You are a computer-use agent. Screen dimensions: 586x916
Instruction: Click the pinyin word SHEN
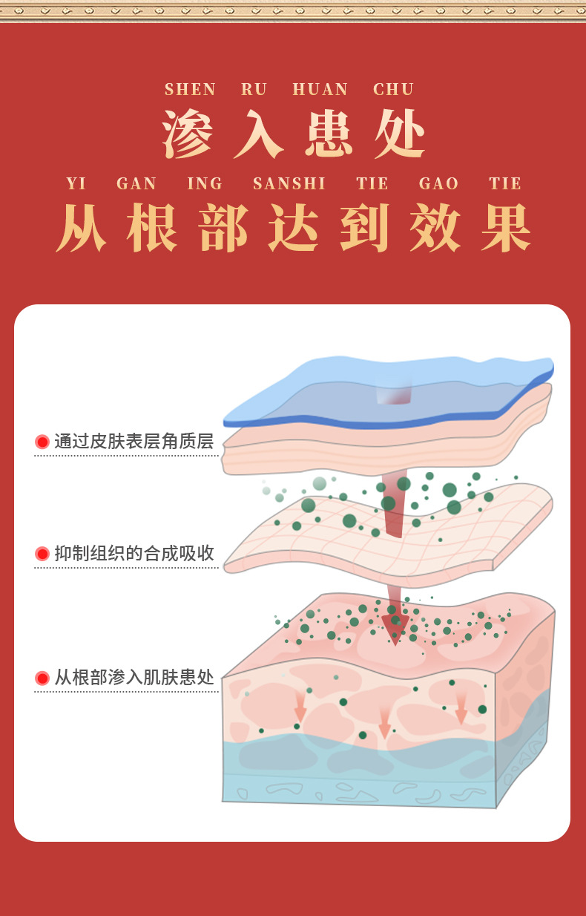point(191,90)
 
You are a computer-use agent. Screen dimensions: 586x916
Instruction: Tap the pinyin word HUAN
point(320,90)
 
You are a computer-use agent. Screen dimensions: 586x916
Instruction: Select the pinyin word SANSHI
point(289,184)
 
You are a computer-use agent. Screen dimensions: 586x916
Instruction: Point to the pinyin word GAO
point(439,184)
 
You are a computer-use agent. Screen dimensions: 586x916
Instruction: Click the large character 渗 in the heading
point(188,134)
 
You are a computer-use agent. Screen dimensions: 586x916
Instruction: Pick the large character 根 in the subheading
point(152,228)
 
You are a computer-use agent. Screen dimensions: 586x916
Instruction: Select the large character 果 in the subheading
point(507,228)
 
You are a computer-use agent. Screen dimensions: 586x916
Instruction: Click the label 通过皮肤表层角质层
point(134,442)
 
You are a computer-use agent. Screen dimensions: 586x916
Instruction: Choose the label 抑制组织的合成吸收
point(134,553)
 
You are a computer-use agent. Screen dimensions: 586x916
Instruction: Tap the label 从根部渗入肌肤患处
point(134,678)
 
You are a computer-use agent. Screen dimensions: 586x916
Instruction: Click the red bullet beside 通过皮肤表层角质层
point(42,442)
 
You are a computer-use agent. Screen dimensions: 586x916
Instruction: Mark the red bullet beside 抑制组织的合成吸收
point(42,554)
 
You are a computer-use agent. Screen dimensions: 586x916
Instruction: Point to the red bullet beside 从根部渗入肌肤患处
point(42,678)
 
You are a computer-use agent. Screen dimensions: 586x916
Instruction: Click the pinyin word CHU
point(394,90)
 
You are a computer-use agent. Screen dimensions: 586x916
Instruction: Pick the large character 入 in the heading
point(258,134)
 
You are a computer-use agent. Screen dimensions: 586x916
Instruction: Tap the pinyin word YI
point(76,184)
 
